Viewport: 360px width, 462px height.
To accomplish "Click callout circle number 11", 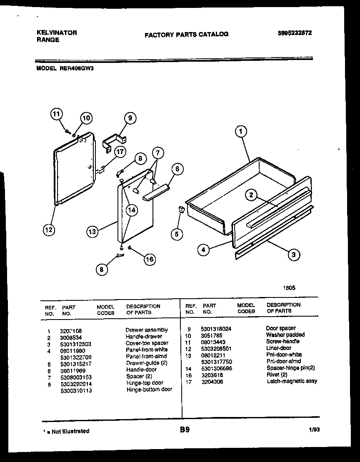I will click(x=57, y=114).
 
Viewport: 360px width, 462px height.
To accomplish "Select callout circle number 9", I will click(x=130, y=118).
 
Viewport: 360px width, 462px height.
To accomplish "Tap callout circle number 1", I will click(x=240, y=132).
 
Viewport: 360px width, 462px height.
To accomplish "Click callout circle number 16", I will click(x=149, y=259).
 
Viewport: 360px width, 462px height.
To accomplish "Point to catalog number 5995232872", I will click(x=295, y=33).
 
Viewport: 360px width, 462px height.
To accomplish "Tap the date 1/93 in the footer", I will click(x=314, y=431).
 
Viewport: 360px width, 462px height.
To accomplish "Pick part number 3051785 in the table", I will click(x=212, y=335).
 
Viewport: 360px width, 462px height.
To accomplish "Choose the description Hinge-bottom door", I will click(x=149, y=390).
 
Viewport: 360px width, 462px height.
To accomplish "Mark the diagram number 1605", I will click(x=290, y=287).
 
